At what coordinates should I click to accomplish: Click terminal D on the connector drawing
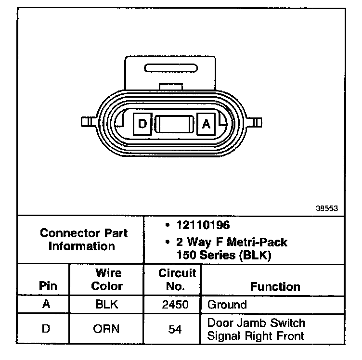pyautogui.click(x=142, y=124)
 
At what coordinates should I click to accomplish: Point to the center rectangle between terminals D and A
pyautogui.click(x=175, y=124)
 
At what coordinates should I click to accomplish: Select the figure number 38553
pyautogui.click(x=327, y=208)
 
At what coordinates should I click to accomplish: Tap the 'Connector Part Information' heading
pyautogui.click(x=84, y=240)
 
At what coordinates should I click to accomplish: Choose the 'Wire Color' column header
pyautogui.click(x=107, y=280)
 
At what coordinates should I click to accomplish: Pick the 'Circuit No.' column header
pyautogui.click(x=177, y=280)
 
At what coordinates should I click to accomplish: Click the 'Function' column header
pyautogui.click(x=275, y=287)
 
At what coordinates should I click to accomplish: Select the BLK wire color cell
pyautogui.click(x=107, y=305)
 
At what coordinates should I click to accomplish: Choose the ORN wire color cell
pyautogui.click(x=107, y=329)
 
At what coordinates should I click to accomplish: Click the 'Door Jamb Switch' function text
pyautogui.click(x=256, y=323)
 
